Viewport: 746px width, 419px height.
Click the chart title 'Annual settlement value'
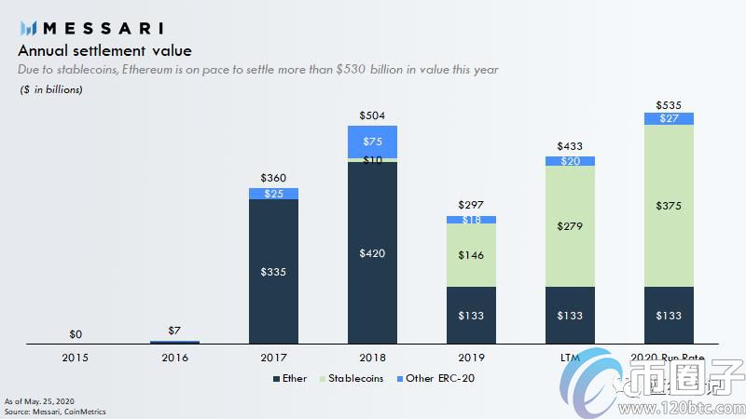coord(105,50)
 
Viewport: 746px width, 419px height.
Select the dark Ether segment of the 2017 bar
coord(273,272)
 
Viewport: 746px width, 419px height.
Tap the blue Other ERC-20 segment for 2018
coord(372,142)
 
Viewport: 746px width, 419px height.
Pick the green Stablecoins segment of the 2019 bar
coord(471,254)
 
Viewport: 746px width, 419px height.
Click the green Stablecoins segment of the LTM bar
coord(570,225)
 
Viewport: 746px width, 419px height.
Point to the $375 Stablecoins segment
coord(669,205)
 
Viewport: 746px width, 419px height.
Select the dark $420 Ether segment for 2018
coord(372,252)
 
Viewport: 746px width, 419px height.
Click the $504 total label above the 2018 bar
coord(372,115)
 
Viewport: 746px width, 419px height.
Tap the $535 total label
coord(669,105)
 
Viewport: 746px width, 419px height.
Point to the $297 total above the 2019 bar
coord(471,205)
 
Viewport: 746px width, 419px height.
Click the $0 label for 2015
coord(76,333)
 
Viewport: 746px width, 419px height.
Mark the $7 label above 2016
coord(174,330)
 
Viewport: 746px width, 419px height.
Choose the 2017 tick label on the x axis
coord(273,357)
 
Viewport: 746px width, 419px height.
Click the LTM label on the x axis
coord(570,357)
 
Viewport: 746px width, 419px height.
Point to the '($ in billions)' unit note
coord(51,89)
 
